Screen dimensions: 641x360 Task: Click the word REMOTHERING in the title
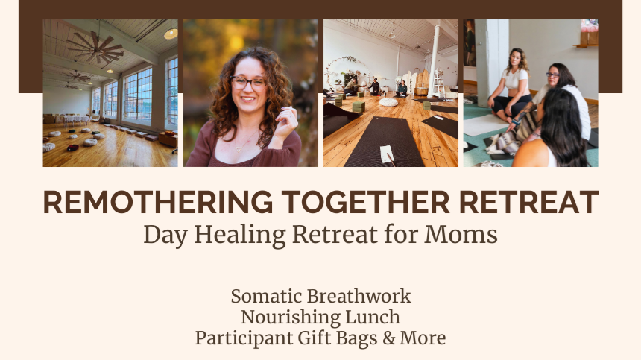point(158,202)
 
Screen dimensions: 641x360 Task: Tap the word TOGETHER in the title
point(365,202)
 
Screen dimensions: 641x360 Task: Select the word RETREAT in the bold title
point(528,202)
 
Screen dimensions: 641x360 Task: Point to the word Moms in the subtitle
point(461,235)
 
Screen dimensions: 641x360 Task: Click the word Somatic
point(267,296)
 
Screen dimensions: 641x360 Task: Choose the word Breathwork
point(359,296)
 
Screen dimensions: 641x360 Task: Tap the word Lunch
point(373,317)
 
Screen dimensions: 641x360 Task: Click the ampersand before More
point(389,338)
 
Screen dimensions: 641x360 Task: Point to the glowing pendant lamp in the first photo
point(171,34)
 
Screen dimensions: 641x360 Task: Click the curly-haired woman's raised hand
point(286,121)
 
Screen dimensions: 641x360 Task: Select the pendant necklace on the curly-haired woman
point(239,148)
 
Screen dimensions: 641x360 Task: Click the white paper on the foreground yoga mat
point(387,154)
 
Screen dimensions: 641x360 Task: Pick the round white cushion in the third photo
point(388,102)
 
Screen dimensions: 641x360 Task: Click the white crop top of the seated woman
point(516,79)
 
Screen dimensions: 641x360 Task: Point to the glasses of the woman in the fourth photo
point(552,75)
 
